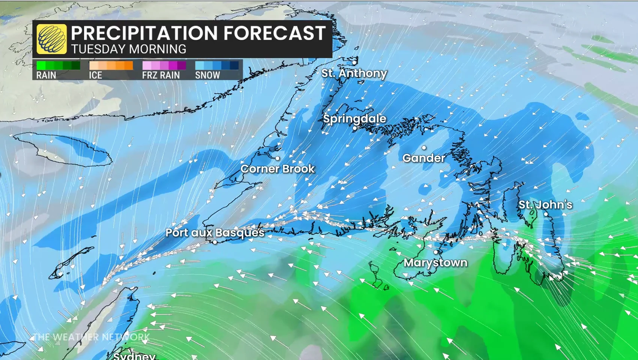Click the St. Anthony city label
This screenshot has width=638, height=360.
[x=354, y=73]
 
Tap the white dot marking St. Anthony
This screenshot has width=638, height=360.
[x=354, y=63]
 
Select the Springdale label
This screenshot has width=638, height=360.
[x=354, y=118]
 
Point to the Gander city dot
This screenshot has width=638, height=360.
[x=424, y=148]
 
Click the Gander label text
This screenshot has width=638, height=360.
[x=424, y=158]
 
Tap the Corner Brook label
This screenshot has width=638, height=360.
[x=278, y=169]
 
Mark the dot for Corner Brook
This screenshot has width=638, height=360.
[x=278, y=158]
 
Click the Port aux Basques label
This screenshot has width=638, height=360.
[x=215, y=232]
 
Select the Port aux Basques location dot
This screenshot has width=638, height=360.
[x=215, y=242]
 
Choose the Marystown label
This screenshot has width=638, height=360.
[x=435, y=262]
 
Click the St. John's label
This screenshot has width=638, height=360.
[x=545, y=204]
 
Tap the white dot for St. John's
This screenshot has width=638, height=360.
[x=546, y=214]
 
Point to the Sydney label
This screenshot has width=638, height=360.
[x=134, y=355]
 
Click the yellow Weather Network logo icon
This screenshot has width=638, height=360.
[x=52, y=39]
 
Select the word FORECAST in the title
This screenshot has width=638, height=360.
[x=275, y=33]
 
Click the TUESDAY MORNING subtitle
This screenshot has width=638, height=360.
[x=129, y=49]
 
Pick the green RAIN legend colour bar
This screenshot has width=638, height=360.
[x=58, y=66]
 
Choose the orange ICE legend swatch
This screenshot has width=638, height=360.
[x=111, y=66]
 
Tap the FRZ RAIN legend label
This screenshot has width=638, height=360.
[x=161, y=75]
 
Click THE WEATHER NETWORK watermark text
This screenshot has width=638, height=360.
[x=91, y=337]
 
